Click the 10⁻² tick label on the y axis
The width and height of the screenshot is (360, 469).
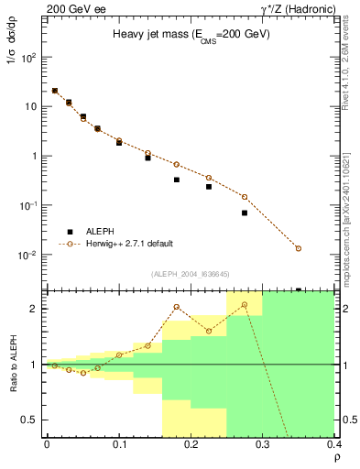click(x=30, y=255)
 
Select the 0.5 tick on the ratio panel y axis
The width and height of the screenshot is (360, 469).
click(x=34, y=420)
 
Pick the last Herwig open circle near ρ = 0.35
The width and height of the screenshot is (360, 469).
click(x=299, y=248)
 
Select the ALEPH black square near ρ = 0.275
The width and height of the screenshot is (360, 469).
click(x=245, y=213)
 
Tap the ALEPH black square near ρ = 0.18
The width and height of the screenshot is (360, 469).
click(x=176, y=180)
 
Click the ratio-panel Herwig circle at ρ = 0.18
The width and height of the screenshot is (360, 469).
click(x=176, y=307)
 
